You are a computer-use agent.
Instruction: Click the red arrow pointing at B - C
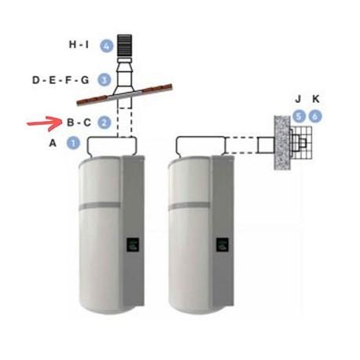pyautogui.click(x=45, y=123)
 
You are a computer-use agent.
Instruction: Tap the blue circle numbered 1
pyautogui.click(x=73, y=143)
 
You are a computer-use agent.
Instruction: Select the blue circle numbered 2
pyautogui.click(x=105, y=123)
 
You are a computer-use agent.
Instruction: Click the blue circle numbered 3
pyautogui.click(x=105, y=79)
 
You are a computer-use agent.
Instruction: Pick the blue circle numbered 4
pyautogui.click(x=107, y=46)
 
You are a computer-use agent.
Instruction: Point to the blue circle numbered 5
pyautogui.click(x=299, y=116)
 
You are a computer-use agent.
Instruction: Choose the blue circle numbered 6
pyautogui.click(x=315, y=116)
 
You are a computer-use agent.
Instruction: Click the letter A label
pyautogui.click(x=53, y=143)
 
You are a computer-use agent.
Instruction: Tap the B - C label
pyautogui.click(x=79, y=123)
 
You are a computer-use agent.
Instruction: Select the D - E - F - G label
pyautogui.click(x=61, y=80)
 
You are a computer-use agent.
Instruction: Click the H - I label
pyautogui.click(x=79, y=45)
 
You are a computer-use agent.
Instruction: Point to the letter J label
pyautogui.click(x=298, y=99)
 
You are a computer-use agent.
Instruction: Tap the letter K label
pyautogui.click(x=316, y=99)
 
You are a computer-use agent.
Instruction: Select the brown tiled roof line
pyautogui.click(x=124, y=95)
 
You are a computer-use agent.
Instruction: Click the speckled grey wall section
pyautogui.click(x=282, y=143)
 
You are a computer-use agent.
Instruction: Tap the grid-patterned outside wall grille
pyautogui.click(x=301, y=143)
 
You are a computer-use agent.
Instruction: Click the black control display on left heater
pyautogui.click(x=133, y=245)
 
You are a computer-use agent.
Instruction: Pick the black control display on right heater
pyautogui.click(x=222, y=245)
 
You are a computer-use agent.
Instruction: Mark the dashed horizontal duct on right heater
pyautogui.click(x=241, y=145)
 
